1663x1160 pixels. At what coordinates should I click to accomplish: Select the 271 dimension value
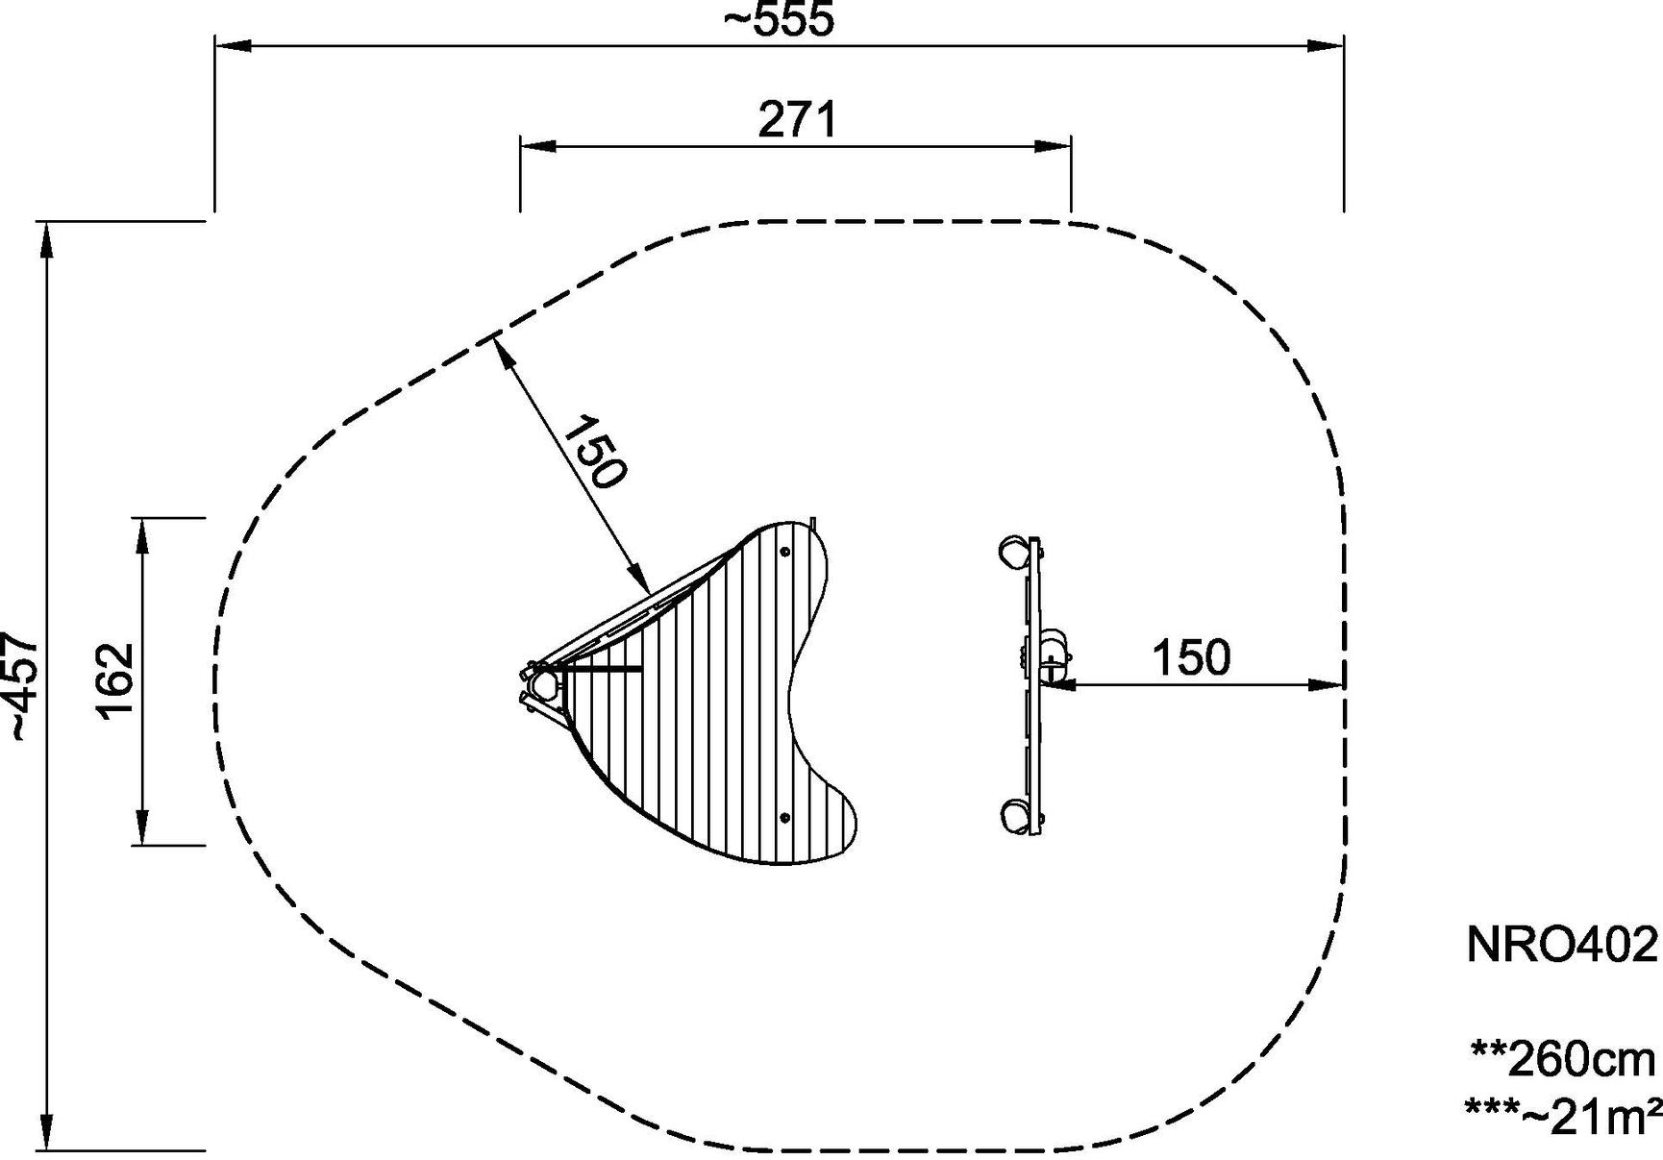click(x=798, y=121)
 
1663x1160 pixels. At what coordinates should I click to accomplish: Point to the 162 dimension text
click(x=115, y=680)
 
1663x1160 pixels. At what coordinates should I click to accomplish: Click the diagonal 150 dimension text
click(x=594, y=453)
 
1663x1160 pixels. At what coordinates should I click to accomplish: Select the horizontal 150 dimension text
click(x=1190, y=658)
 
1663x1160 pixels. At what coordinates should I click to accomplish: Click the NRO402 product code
click(x=1562, y=945)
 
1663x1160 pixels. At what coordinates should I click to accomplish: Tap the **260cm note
click(x=1563, y=1059)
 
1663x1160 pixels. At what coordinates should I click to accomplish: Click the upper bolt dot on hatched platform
click(x=785, y=553)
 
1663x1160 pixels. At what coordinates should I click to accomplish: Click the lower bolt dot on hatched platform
click(x=785, y=818)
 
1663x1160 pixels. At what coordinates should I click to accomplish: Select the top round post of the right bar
click(x=1013, y=553)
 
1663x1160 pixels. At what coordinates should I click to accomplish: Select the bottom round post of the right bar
click(x=1013, y=815)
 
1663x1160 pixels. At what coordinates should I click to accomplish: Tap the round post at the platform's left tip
click(x=545, y=685)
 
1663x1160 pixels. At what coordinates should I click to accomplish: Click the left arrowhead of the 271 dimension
click(x=536, y=146)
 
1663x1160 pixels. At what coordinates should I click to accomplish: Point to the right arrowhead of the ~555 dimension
click(x=1328, y=45)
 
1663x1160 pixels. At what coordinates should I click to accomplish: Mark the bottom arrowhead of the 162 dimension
click(x=142, y=828)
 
